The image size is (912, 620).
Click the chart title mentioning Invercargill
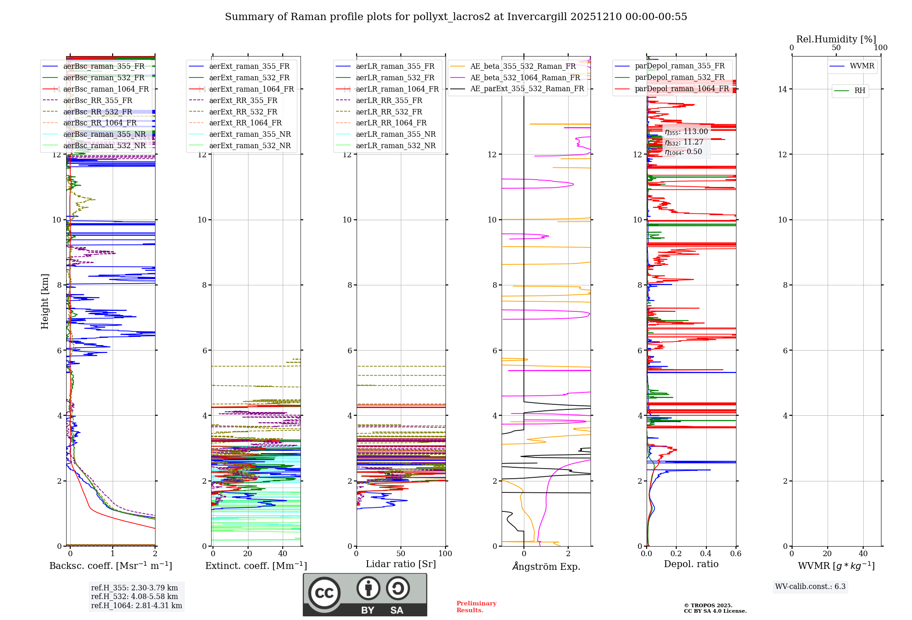[456, 17]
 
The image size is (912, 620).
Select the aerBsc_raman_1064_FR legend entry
[106, 89]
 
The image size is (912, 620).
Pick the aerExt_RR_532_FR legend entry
[243, 112]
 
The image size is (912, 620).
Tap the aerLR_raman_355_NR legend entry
[395, 134]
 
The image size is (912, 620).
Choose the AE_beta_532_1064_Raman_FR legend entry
[525, 77]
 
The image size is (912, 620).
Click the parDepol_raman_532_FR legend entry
[679, 77]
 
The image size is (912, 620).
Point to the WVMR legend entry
[862, 66]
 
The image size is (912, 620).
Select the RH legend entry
[860, 91]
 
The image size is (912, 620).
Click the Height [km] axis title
[45, 301]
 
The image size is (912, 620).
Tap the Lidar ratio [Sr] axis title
[400, 564]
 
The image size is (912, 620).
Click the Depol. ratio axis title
[691, 564]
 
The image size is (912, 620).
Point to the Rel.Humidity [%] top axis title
[836, 39]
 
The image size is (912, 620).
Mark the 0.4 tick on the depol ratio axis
[706, 554]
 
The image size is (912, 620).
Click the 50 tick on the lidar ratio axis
[401, 554]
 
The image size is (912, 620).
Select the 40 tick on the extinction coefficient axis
[283, 554]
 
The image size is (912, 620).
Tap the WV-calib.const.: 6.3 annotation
[810, 587]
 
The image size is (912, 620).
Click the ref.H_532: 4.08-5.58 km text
[135, 597]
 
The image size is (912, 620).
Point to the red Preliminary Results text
[476, 607]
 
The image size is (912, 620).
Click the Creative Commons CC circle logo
[324, 593]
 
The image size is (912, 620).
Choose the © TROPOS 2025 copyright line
[708, 605]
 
